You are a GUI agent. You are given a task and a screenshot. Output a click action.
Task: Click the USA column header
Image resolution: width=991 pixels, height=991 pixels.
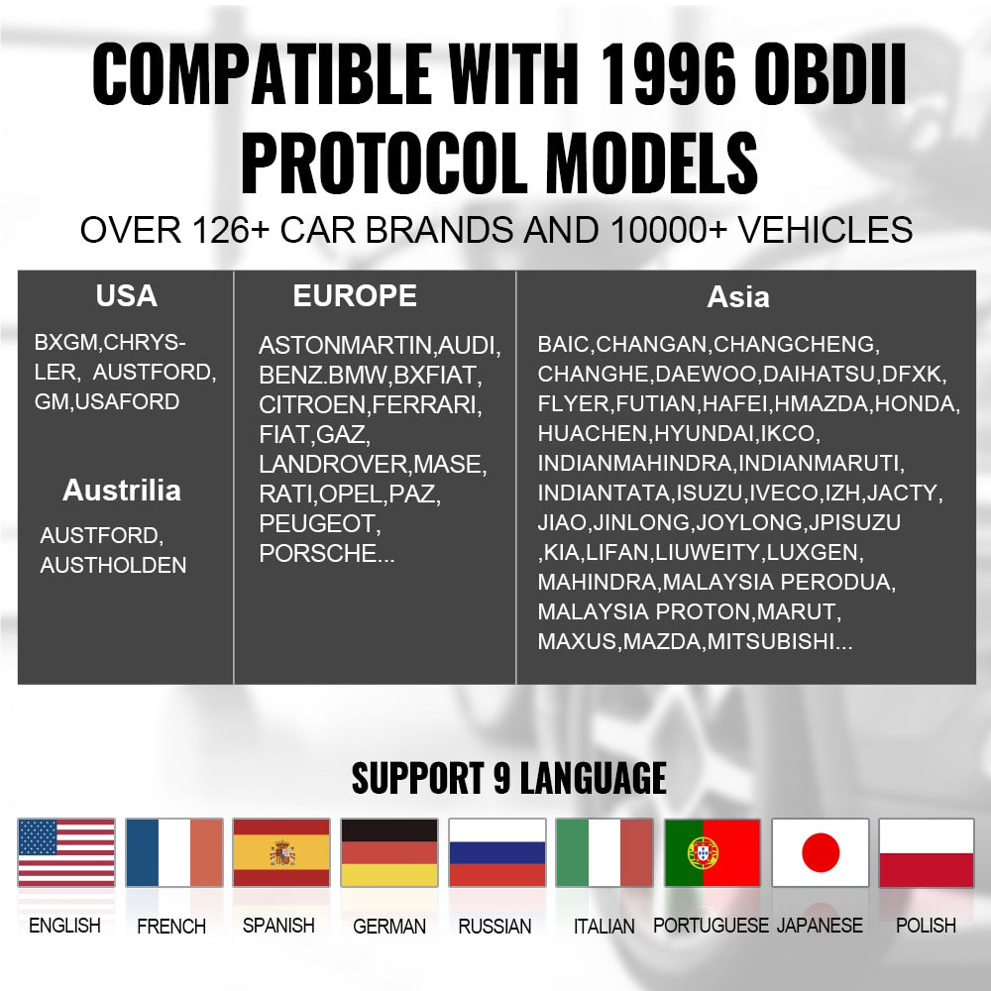pyautogui.click(x=127, y=295)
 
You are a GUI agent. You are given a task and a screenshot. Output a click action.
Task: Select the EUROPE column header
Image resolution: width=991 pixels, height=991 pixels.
pyautogui.click(x=355, y=295)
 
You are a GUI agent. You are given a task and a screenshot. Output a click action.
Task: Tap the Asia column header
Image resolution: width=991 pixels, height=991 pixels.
pyautogui.click(x=738, y=297)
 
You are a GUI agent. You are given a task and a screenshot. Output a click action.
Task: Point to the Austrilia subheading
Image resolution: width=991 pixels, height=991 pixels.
pyautogui.click(x=122, y=491)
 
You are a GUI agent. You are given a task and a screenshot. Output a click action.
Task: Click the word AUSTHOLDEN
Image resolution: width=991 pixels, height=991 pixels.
pyautogui.click(x=113, y=565)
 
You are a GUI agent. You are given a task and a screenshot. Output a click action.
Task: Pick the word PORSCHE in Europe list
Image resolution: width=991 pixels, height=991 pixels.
pyautogui.click(x=317, y=554)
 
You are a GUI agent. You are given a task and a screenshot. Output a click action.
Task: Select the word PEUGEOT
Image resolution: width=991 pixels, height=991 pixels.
pyautogui.click(x=317, y=524)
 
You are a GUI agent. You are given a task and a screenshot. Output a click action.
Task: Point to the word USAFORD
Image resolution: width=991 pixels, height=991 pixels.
pyautogui.click(x=127, y=402)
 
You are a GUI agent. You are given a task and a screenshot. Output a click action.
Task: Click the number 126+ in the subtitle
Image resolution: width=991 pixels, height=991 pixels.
pyautogui.click(x=231, y=230)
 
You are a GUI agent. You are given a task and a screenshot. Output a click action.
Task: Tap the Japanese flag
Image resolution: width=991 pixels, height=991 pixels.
pyautogui.click(x=821, y=852)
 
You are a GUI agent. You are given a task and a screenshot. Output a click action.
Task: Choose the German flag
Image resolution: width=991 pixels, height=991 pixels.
pyautogui.click(x=389, y=852)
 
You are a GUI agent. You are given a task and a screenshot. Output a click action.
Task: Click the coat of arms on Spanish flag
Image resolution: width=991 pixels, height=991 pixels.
pyautogui.click(x=281, y=853)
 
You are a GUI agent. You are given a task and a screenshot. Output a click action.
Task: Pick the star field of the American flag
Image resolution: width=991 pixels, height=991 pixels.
pyautogui.click(x=38, y=837)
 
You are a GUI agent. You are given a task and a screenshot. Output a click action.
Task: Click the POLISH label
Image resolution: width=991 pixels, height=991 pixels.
pyautogui.click(x=926, y=926)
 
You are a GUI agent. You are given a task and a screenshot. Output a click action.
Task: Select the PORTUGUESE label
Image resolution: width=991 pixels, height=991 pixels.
pyautogui.click(x=711, y=926)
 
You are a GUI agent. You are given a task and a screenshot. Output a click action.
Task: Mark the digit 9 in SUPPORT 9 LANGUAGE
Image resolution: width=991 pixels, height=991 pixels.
pyautogui.click(x=501, y=778)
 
